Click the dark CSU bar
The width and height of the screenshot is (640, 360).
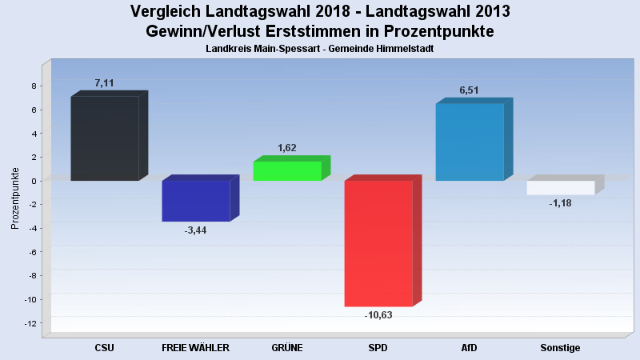click(x=105, y=138)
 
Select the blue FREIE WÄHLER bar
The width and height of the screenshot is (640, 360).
click(x=196, y=201)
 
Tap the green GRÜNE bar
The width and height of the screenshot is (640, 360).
click(x=287, y=170)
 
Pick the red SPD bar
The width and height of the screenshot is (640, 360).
click(x=378, y=243)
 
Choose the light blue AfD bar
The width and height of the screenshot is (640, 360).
click(x=470, y=142)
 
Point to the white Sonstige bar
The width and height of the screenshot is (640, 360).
click(x=561, y=188)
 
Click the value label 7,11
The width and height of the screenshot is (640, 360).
click(x=105, y=83)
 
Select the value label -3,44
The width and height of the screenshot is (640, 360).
click(x=196, y=230)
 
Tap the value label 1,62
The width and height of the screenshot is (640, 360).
click(x=287, y=148)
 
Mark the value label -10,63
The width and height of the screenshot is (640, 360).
click(x=378, y=315)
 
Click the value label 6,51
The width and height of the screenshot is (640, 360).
click(x=470, y=90)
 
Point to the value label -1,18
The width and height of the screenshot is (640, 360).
click(x=561, y=203)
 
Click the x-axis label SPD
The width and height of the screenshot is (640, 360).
click(x=378, y=348)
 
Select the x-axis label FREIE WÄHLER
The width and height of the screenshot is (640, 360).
click(x=196, y=348)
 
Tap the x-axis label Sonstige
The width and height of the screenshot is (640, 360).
click(x=561, y=348)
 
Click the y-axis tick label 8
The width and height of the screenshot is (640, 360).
click(x=34, y=86)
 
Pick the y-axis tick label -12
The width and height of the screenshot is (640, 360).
click(x=30, y=323)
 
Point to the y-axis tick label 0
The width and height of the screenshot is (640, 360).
click(x=34, y=181)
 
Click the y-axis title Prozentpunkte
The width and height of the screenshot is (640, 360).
click(x=15, y=198)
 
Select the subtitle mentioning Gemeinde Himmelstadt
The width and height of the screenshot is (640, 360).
click(x=319, y=49)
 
